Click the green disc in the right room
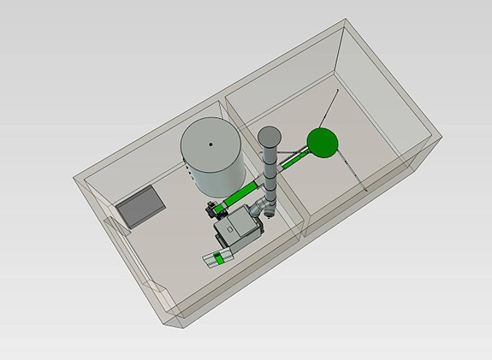323,142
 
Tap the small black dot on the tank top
211,145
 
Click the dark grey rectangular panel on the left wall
139,207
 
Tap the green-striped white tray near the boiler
219,258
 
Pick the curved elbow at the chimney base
260,208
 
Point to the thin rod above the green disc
329,107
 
